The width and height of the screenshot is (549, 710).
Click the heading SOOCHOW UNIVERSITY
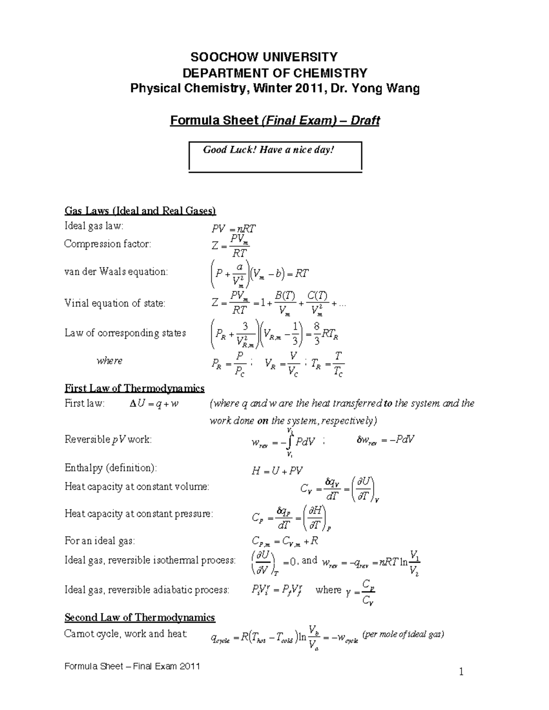[x=264, y=57]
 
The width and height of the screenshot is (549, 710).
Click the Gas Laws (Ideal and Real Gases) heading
[x=140, y=211]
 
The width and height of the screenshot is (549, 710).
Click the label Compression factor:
[x=107, y=244]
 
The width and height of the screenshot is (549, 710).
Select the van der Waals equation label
[x=116, y=272]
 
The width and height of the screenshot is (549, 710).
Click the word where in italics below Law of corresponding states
[x=109, y=361]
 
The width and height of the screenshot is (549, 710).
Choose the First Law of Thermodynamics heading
[x=135, y=389]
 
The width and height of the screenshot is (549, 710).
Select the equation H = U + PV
[x=277, y=471]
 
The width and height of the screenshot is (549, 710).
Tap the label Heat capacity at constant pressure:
[x=139, y=514]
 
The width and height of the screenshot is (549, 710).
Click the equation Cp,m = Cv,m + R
[x=285, y=542]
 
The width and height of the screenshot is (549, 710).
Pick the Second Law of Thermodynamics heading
[x=140, y=618]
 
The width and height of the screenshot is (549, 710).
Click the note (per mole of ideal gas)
[x=403, y=635]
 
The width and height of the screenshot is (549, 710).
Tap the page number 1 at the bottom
[x=462, y=672]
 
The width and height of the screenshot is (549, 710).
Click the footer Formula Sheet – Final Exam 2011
[x=132, y=666]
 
